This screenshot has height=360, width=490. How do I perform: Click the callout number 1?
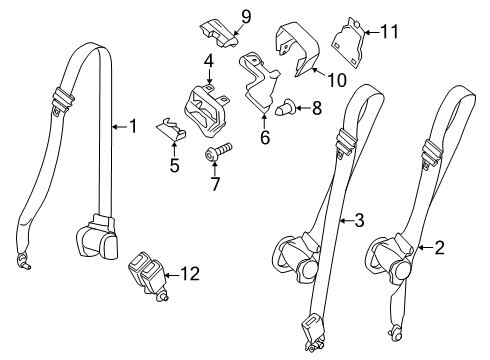pyautogui.click(x=131, y=126)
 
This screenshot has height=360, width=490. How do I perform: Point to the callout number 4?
pyautogui.click(x=208, y=61)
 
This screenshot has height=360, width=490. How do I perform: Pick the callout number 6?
pyautogui.click(x=265, y=138)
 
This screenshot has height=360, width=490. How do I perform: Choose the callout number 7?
pyautogui.click(x=215, y=185)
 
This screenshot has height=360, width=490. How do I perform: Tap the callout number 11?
pyautogui.click(x=389, y=32)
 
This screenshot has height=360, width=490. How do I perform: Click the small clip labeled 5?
pyautogui.click(x=173, y=129)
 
